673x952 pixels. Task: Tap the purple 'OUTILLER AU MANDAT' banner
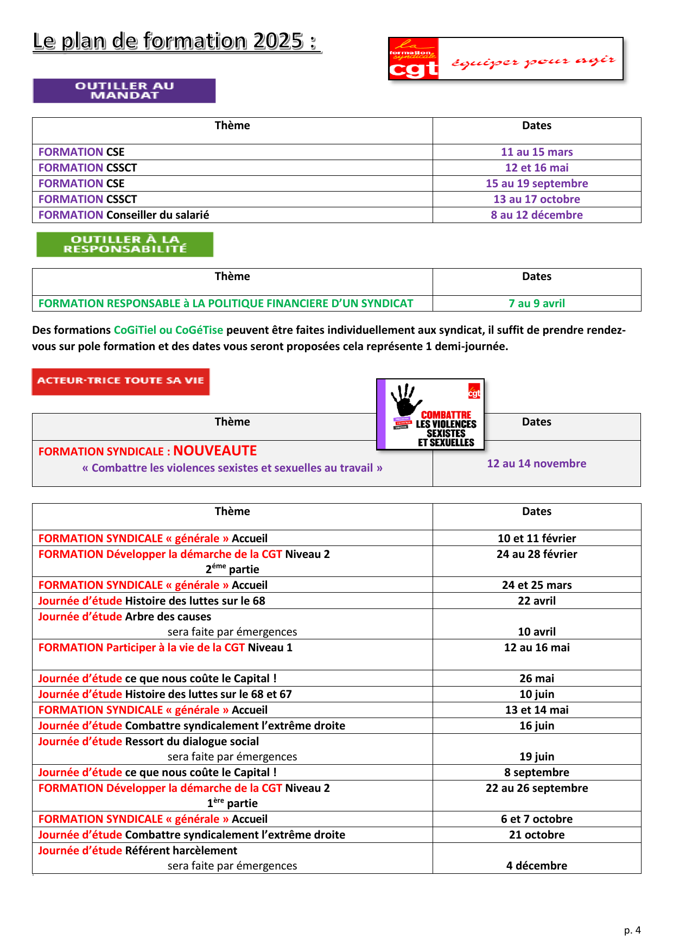(x=124, y=91)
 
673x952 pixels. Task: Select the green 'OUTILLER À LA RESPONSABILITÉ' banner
(x=125, y=244)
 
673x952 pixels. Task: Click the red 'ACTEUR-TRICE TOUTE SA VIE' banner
(x=120, y=381)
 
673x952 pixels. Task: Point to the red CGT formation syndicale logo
(x=414, y=59)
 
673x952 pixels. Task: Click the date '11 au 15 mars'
(x=536, y=152)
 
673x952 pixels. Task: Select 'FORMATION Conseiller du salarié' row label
(x=124, y=215)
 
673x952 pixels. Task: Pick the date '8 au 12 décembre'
(x=536, y=215)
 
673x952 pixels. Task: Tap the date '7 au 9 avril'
(x=536, y=303)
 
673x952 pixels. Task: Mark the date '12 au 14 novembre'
(x=536, y=464)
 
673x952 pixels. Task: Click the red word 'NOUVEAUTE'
(x=215, y=451)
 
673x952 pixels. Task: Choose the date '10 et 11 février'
(x=536, y=538)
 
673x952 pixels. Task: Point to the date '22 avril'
(x=536, y=601)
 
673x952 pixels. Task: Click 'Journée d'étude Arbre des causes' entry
(x=125, y=617)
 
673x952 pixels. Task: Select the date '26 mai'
(x=536, y=678)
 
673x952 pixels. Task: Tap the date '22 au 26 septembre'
(x=536, y=788)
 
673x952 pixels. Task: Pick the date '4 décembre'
(x=536, y=866)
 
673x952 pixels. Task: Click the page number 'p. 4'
(x=632, y=930)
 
